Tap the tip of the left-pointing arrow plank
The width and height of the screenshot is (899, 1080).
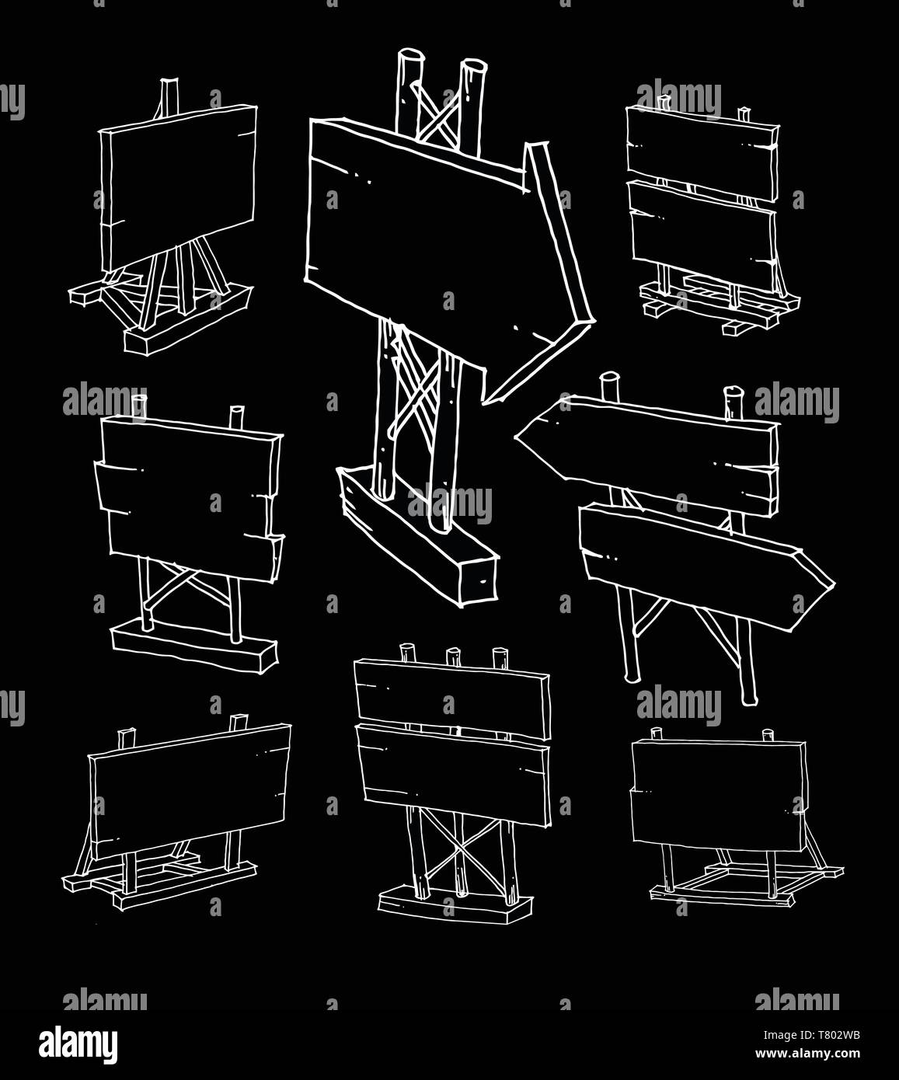[x=516, y=437]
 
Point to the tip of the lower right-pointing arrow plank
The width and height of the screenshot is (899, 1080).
[x=835, y=584]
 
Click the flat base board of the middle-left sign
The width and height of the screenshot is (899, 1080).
[x=195, y=647]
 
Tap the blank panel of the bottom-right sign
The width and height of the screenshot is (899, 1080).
[x=716, y=795]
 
